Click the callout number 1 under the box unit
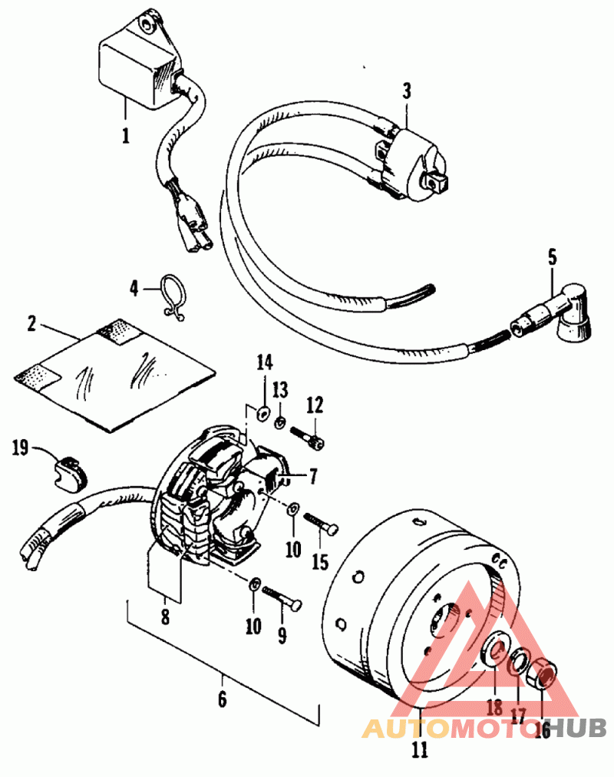[127, 135]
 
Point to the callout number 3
[407, 91]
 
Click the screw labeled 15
[321, 524]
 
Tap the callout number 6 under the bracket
[223, 699]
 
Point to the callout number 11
[420, 750]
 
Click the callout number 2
[31, 323]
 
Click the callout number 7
[312, 477]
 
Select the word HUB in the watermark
[578, 728]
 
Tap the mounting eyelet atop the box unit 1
[150, 22]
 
